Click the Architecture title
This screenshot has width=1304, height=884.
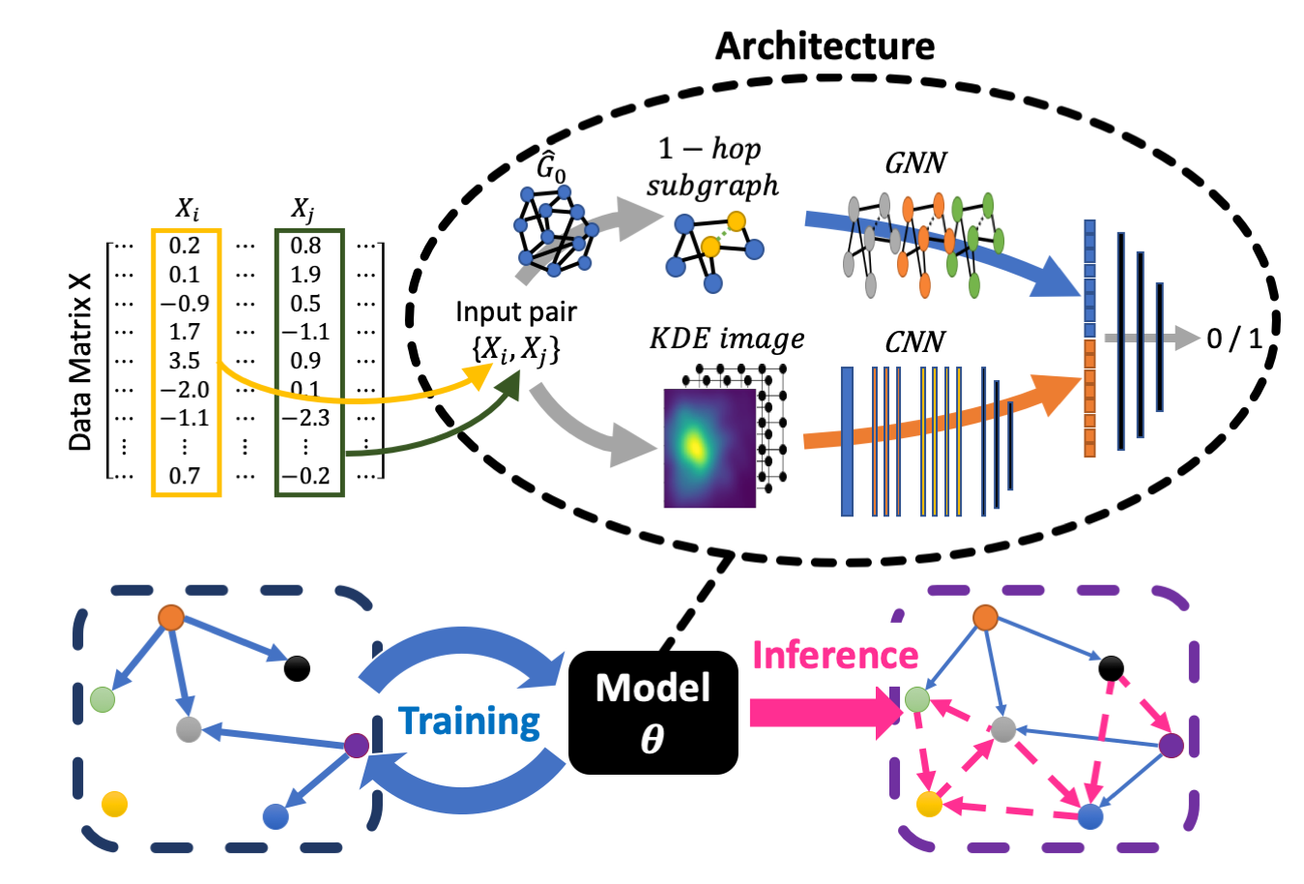click(x=825, y=45)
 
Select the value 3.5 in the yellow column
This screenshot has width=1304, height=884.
click(x=184, y=361)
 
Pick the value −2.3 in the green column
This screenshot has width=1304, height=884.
click(x=305, y=418)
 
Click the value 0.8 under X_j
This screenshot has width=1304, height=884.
click(x=305, y=246)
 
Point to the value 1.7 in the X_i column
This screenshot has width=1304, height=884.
click(x=184, y=332)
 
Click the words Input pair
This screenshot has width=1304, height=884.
click(x=515, y=312)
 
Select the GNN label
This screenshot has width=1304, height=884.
click(x=914, y=162)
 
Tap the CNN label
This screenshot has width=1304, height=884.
click(x=914, y=342)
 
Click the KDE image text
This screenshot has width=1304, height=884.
click(x=727, y=339)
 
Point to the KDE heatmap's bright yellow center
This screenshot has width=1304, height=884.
click(x=694, y=445)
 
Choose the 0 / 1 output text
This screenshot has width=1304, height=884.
click(x=1234, y=339)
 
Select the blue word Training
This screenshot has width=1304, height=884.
click(x=469, y=722)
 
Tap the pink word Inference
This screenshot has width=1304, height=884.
click(x=834, y=656)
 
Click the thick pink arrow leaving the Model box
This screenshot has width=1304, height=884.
click(x=822, y=713)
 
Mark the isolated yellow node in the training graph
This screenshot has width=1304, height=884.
click(x=114, y=804)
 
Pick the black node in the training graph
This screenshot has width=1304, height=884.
click(x=297, y=667)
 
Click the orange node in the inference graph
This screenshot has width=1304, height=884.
click(x=985, y=617)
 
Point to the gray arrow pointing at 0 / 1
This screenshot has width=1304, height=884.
click(x=1150, y=339)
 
